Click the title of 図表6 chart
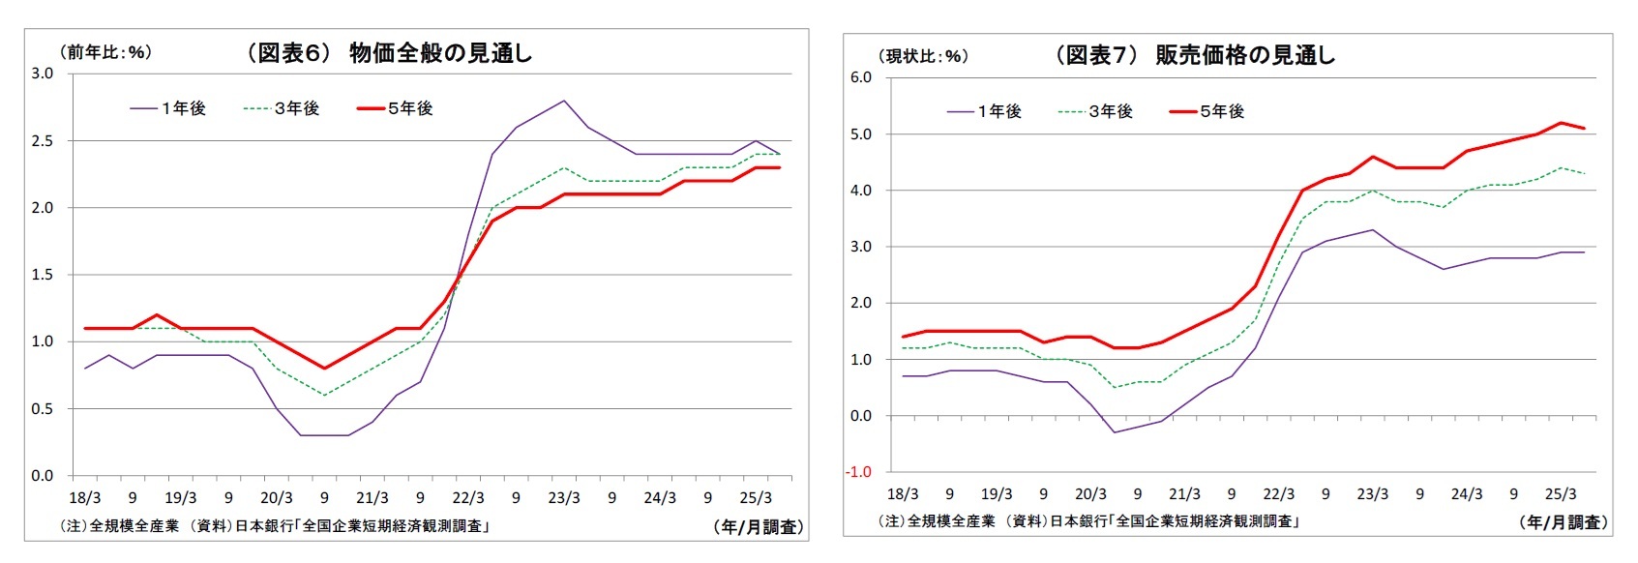(389, 53)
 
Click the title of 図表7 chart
(1194, 55)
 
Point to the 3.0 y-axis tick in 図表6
(42, 74)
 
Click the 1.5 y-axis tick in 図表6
(42, 275)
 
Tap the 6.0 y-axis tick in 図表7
(860, 77)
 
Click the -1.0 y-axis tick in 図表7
(859, 472)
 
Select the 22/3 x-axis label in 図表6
(468, 498)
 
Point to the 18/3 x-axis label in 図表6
(85, 498)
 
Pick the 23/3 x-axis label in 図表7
(1372, 494)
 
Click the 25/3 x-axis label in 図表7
(1560, 494)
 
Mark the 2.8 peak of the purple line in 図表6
(564, 101)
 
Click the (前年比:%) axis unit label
(105, 52)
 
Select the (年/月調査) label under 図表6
(758, 527)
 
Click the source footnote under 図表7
(1087, 521)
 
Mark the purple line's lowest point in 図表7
(1115, 432)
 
